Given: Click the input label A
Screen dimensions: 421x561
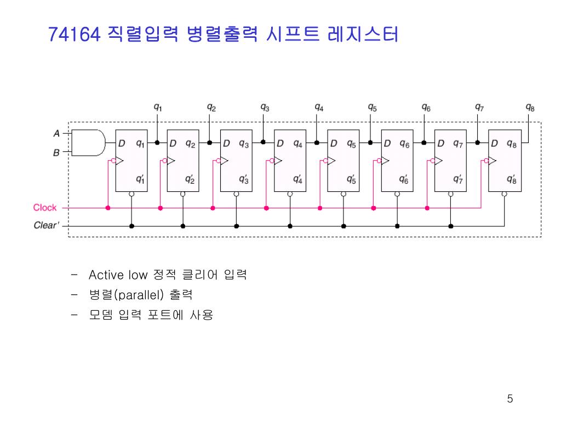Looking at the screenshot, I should coord(56,133).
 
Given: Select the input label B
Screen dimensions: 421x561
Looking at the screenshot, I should coord(56,153).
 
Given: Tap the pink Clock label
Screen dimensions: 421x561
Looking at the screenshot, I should coord(45,208).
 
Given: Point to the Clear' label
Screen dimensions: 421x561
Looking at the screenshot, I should coord(47,225).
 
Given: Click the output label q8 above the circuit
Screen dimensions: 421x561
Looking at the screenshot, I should coord(530,107).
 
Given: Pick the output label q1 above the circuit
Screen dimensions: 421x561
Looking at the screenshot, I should coord(157,107).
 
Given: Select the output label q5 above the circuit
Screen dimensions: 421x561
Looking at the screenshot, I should coord(372,107).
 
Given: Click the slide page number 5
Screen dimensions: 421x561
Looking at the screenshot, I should coord(510,399).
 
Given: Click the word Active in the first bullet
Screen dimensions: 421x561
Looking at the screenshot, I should coord(107,275).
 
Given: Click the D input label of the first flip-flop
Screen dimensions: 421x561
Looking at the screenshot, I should coord(122,144).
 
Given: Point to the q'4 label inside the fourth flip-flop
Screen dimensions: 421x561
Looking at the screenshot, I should coord(297,179).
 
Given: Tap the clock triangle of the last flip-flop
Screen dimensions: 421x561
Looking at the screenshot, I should coord(492,161).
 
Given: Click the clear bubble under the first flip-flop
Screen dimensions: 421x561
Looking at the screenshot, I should coord(131,194).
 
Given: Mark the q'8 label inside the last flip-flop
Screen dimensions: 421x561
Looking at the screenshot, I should coord(511,179).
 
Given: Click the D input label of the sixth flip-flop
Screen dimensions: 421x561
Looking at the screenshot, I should coord(387,144).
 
